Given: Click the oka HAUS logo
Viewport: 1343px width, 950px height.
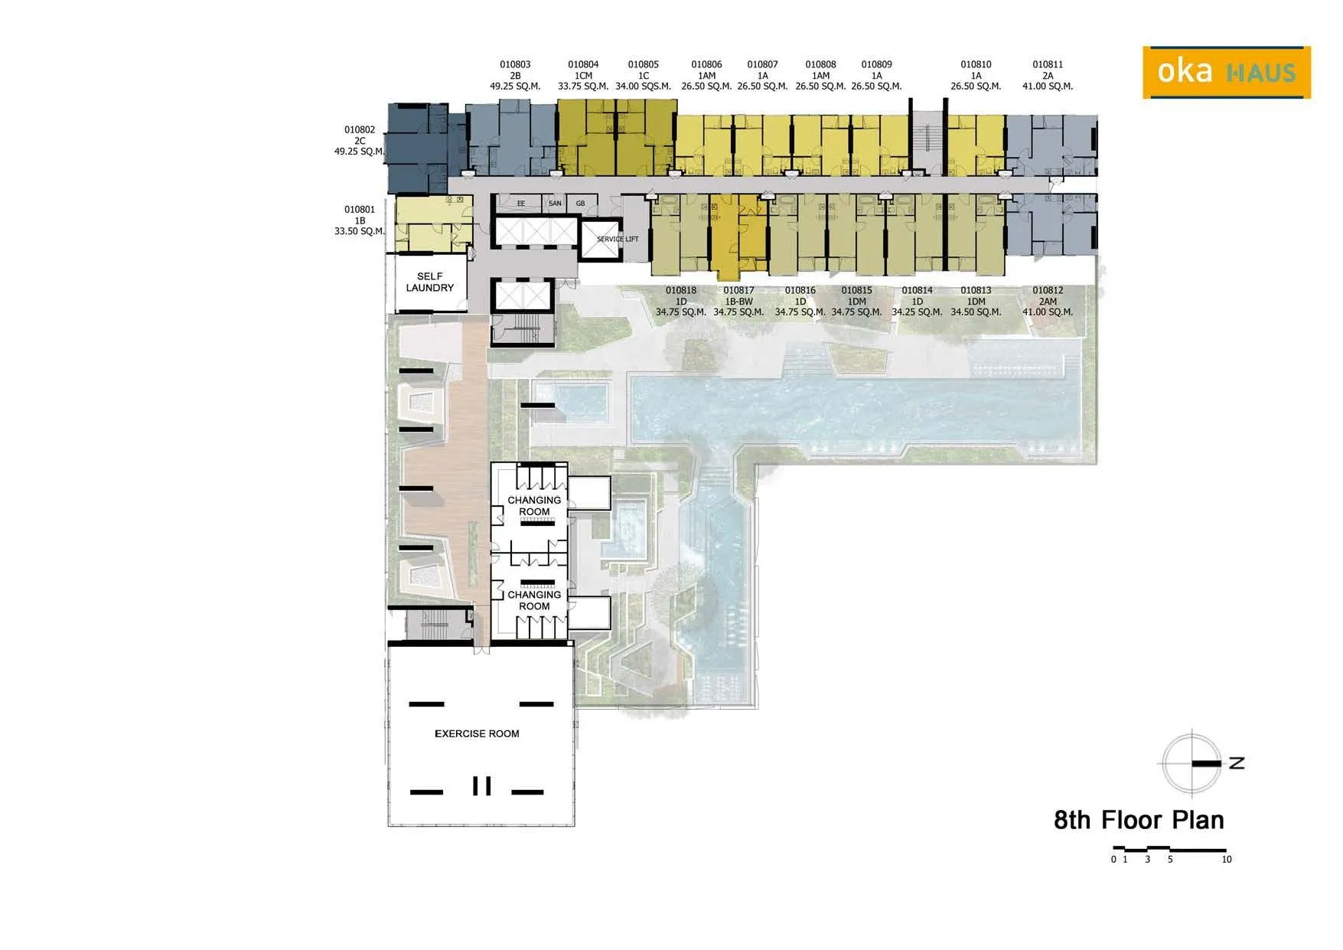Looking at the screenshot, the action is [x=1227, y=73].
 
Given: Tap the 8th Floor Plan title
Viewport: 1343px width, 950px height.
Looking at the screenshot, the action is [x=1139, y=820].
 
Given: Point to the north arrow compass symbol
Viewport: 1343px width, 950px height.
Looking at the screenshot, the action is [x=1192, y=763].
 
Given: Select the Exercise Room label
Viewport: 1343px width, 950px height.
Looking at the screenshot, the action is [x=477, y=733].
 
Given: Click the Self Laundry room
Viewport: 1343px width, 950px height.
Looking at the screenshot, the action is [x=430, y=282].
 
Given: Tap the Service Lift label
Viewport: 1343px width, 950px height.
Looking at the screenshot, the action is [x=618, y=239].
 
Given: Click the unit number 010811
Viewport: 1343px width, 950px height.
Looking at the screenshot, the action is [x=1048, y=64].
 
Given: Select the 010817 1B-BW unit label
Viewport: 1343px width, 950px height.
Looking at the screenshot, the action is [x=738, y=301].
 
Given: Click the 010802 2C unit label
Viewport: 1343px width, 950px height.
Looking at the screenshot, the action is [x=360, y=140].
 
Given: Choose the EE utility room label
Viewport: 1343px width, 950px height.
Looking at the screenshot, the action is [x=521, y=204].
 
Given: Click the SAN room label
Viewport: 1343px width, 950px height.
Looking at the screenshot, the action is [x=555, y=203].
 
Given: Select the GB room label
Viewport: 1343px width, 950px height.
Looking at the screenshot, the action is [x=580, y=203].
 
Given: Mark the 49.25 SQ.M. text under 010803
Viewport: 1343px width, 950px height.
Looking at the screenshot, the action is [x=515, y=87].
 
